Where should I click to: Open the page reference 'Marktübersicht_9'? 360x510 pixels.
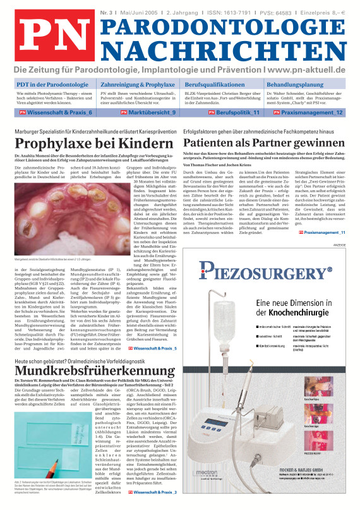pos(150,112)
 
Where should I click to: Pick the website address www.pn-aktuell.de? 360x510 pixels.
pos(306,69)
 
